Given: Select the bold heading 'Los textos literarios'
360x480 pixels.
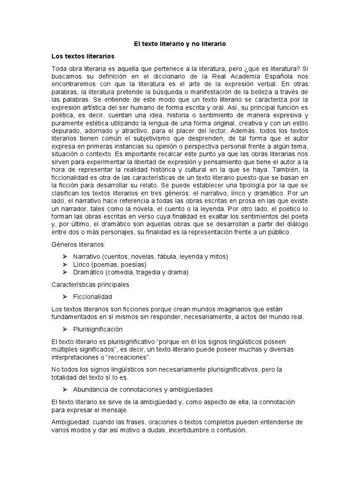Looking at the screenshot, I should [x=83, y=56].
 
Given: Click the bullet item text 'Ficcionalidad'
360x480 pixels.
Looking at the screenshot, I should [x=92, y=297].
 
